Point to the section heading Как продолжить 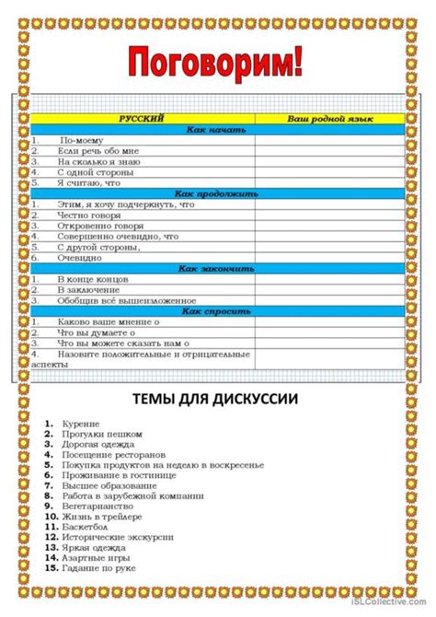tap(217, 193)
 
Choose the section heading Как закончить tap(217, 268)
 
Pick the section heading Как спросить tap(217, 311)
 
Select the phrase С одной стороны tap(96, 172)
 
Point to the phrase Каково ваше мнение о tap(107, 322)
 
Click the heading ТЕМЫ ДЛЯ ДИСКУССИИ tap(218, 398)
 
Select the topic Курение tap(81, 423)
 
